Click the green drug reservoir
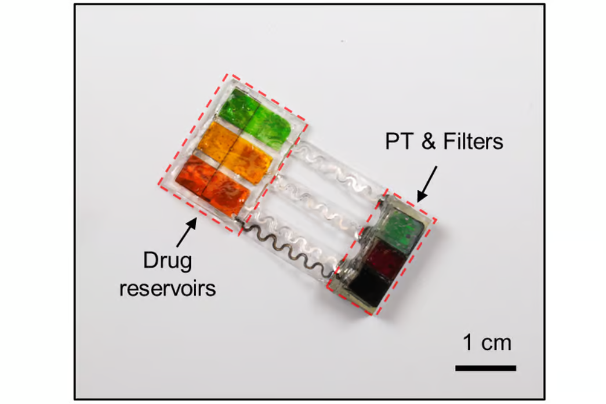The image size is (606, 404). click(258, 116)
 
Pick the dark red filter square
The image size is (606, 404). click(386, 259)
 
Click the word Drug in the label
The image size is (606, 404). click(167, 261)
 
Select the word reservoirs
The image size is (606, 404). click(167, 288)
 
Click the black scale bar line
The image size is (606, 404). click(485, 367)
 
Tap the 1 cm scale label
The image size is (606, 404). click(487, 343)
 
